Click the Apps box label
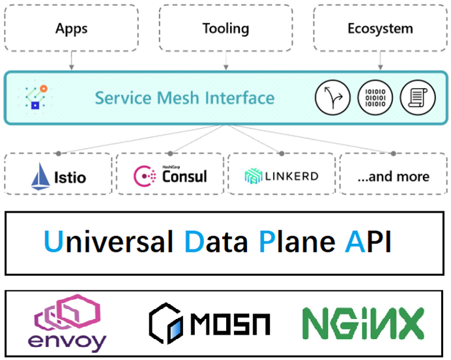coord(71,29)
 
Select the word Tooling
coord(225,29)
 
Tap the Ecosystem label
coord(380,29)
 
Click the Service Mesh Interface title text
coord(184,98)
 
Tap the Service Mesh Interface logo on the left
coord(34,97)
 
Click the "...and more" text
coord(395,177)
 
